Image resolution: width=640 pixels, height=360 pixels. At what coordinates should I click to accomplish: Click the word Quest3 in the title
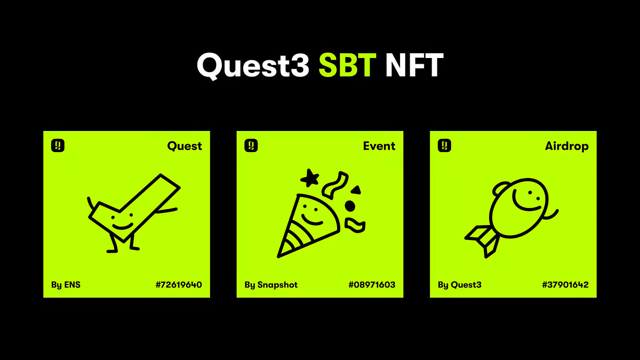pos(253,65)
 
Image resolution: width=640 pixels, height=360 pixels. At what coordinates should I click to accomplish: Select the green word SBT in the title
pos(347,65)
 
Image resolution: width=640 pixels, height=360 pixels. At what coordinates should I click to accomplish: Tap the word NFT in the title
pos(414,65)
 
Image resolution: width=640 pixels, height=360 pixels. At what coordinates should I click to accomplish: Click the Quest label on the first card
pos(185,146)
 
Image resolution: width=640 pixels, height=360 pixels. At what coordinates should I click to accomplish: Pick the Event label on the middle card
pos(379,146)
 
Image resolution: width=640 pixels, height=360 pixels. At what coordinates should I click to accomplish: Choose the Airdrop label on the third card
pos(567,146)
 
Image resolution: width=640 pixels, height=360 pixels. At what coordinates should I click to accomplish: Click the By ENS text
pos(66,285)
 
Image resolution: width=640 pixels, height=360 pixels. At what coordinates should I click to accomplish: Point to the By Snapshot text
pos(271,285)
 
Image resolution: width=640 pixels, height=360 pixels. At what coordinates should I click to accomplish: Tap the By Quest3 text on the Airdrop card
pos(459,285)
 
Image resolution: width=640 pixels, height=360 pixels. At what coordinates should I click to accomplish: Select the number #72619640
pos(179,285)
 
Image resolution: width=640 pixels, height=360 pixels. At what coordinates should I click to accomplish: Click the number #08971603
pos(372,285)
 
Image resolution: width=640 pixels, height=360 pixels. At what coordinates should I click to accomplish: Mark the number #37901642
pos(565,285)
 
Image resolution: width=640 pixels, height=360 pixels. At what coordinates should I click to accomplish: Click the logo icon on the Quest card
pos(58,145)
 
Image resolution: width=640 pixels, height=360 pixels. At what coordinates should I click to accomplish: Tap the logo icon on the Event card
pos(251,145)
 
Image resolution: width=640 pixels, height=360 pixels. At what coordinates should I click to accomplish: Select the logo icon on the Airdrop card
pos(444,145)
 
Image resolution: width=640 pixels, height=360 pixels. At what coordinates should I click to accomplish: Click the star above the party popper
pos(310,178)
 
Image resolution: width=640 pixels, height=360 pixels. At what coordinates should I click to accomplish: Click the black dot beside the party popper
pos(350,206)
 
